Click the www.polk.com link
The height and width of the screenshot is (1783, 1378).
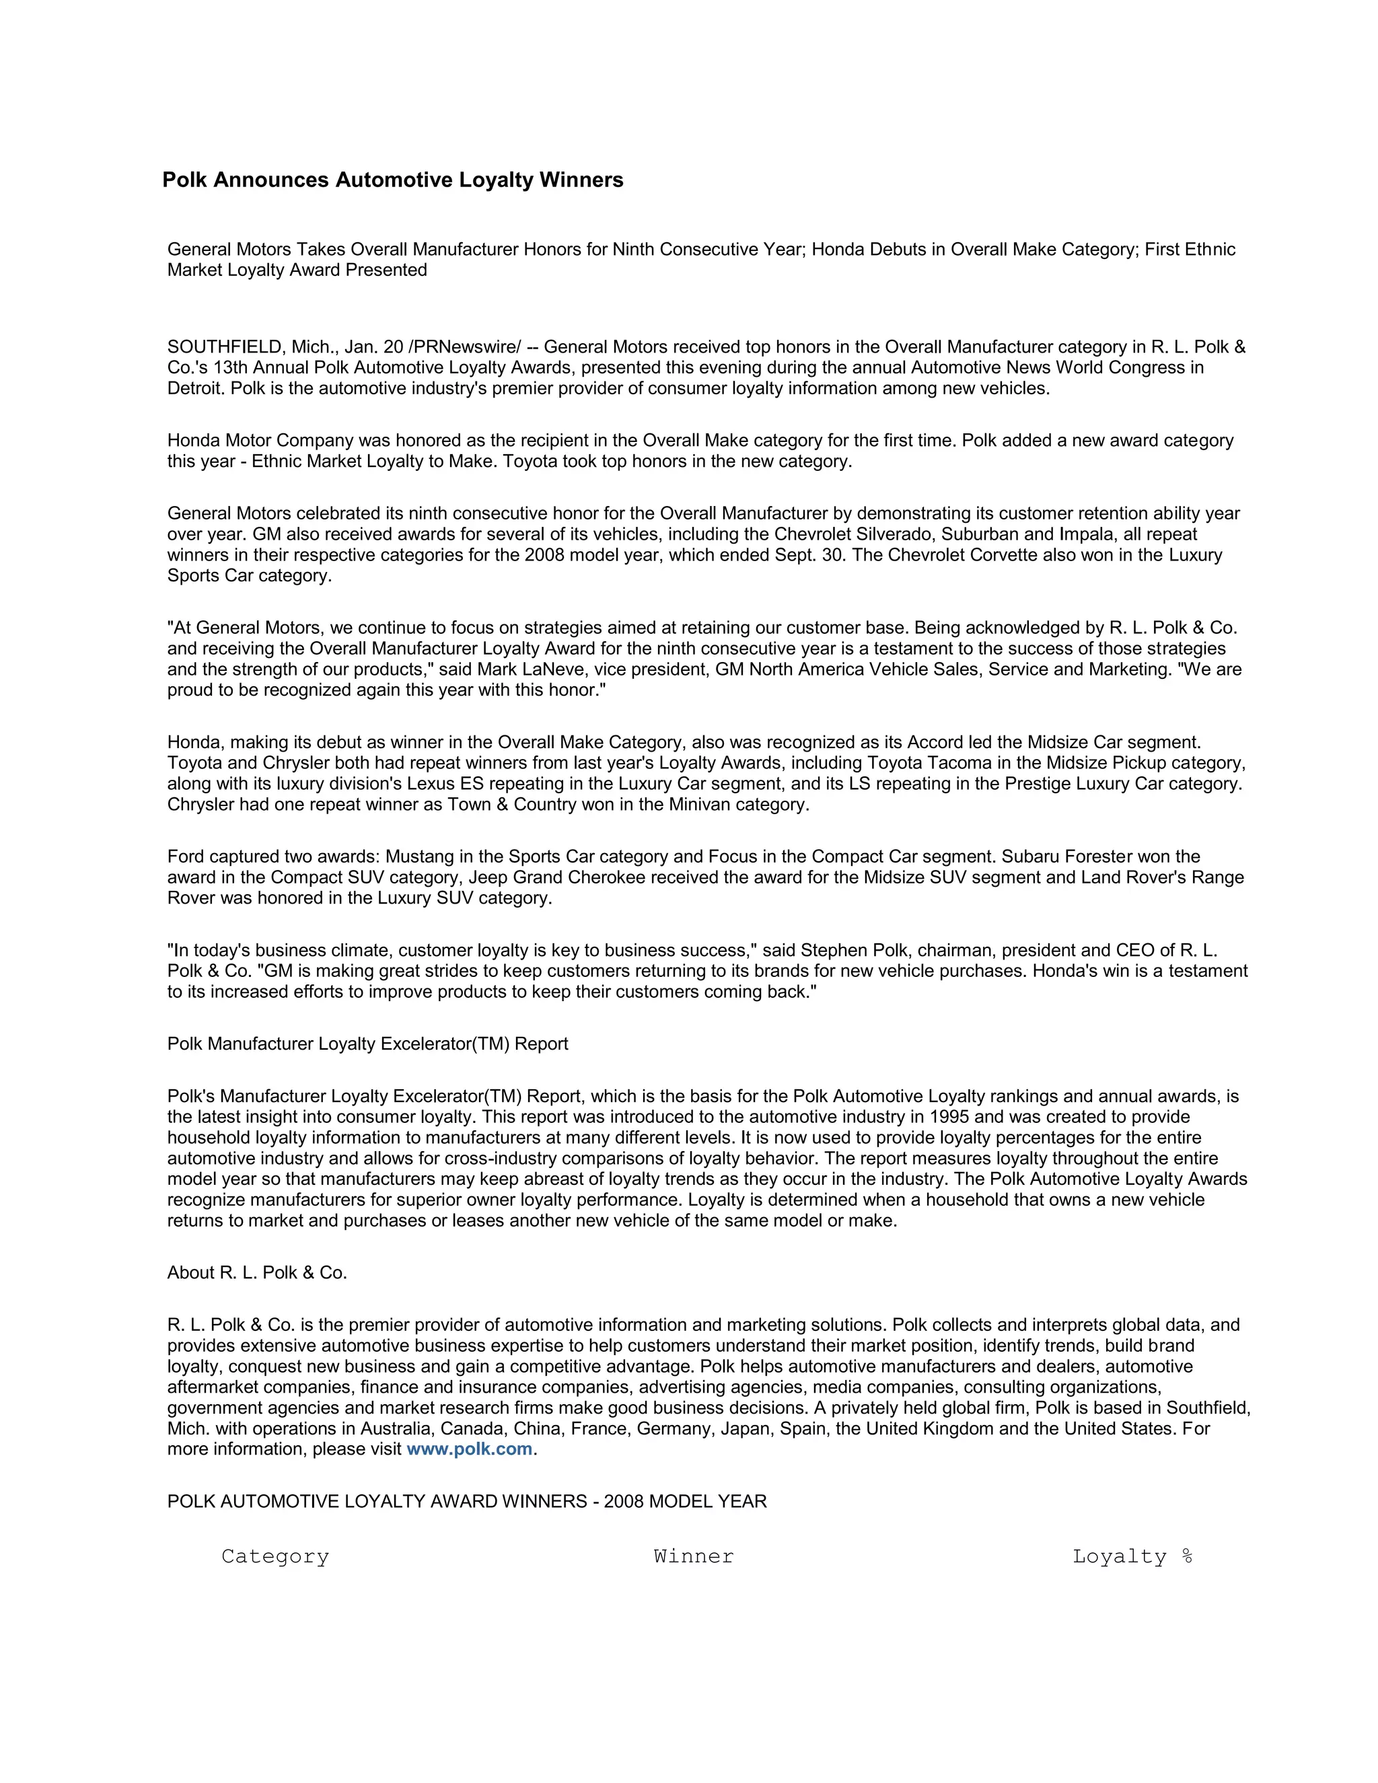(x=470, y=1449)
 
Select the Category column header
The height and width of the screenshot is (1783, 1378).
(x=275, y=1557)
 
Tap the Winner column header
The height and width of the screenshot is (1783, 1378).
(x=693, y=1557)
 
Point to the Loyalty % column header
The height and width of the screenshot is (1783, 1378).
(x=1132, y=1557)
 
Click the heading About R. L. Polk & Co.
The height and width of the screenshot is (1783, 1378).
(x=257, y=1273)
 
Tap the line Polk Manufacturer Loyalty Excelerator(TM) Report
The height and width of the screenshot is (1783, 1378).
(x=367, y=1044)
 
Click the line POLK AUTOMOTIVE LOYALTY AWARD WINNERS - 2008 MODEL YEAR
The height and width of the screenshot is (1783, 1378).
(x=467, y=1501)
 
